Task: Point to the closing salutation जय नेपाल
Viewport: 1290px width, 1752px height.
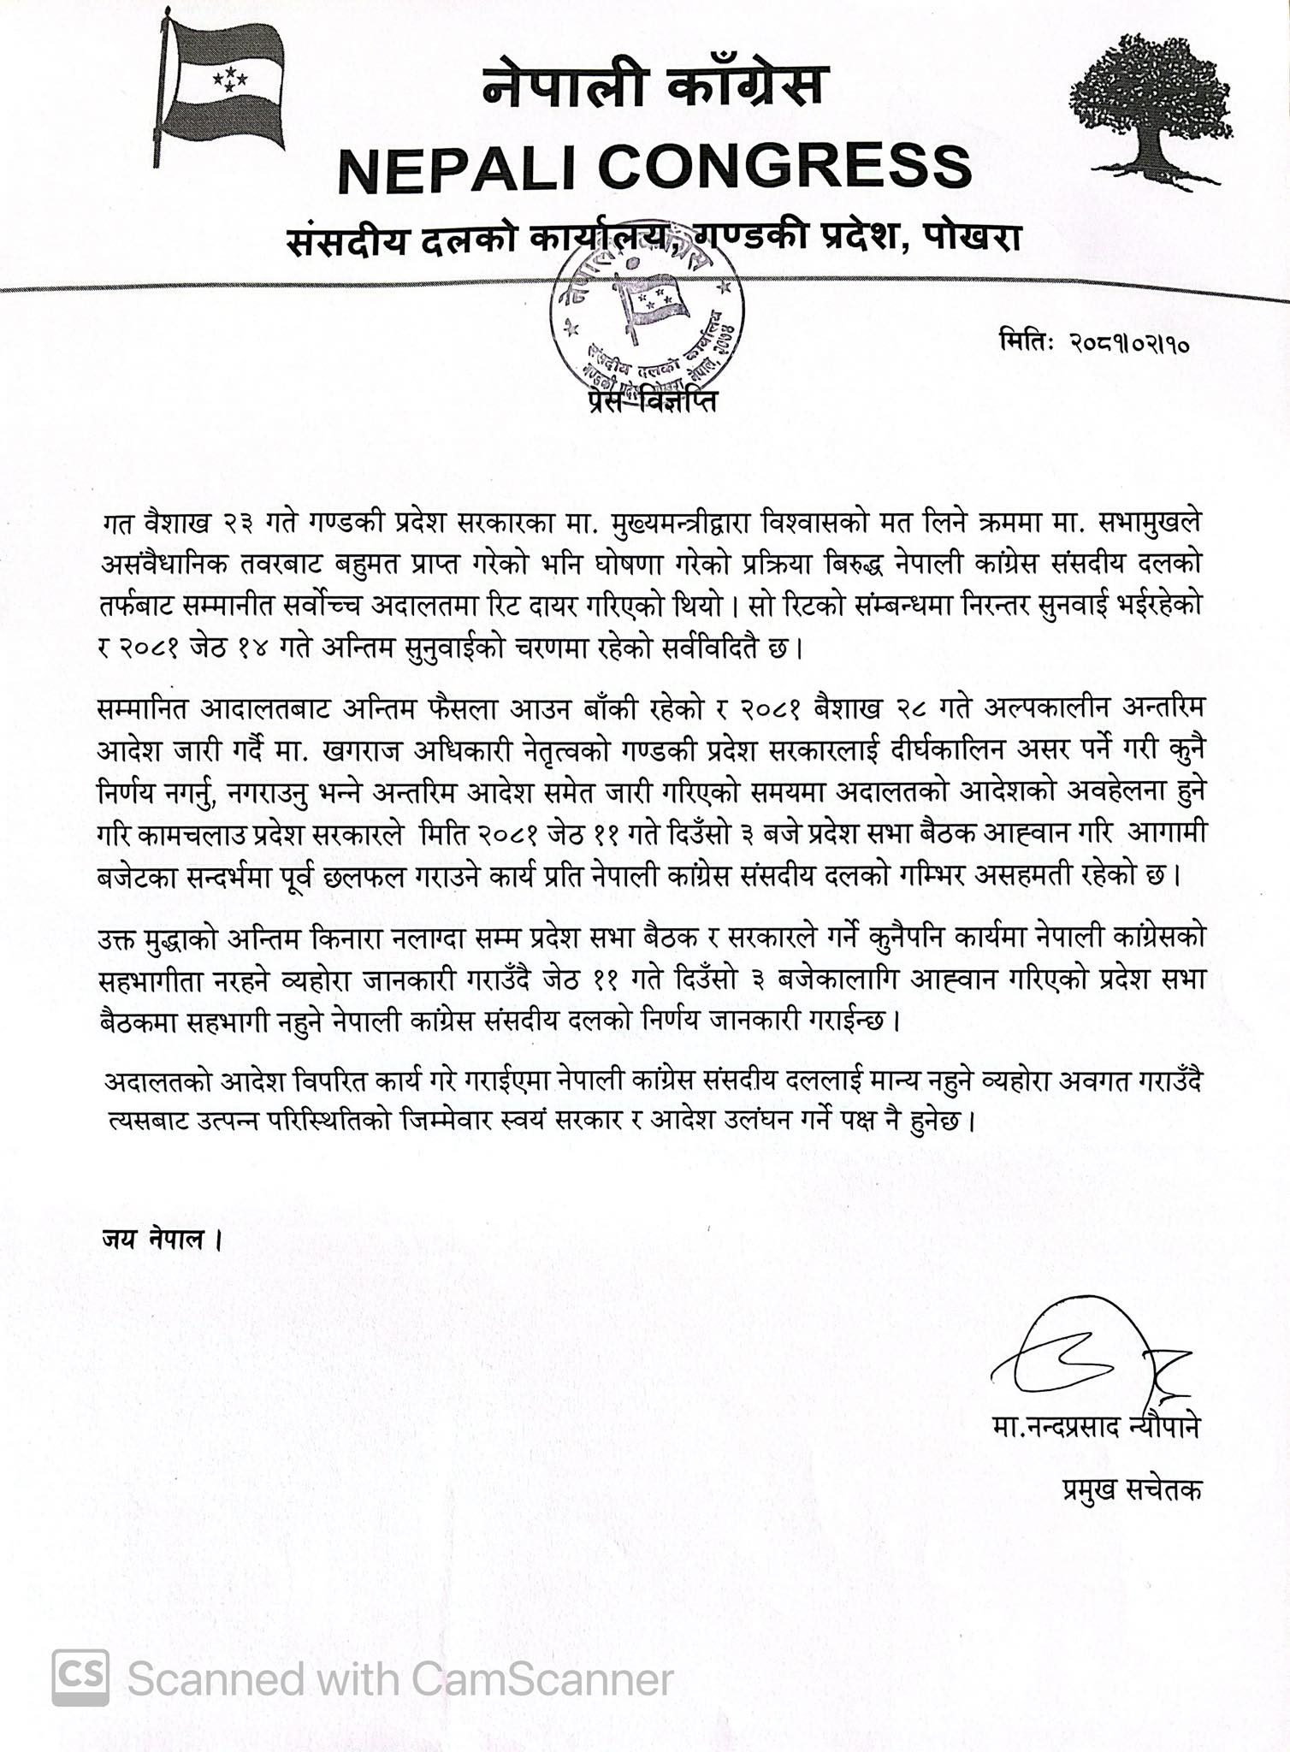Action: point(154,1238)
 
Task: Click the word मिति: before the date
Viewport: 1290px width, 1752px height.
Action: point(1027,343)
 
